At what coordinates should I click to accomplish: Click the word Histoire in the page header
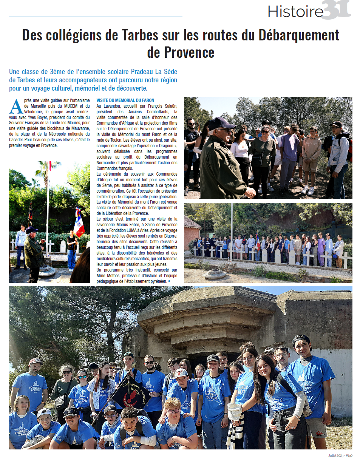296,12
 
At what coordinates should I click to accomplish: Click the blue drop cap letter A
16,107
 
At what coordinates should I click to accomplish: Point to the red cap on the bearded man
36,361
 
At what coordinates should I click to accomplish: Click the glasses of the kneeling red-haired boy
173,411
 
